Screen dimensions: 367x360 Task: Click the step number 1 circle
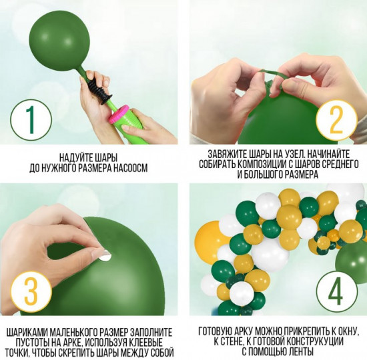[x=31, y=120]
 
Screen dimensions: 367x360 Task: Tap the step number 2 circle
[x=337, y=120]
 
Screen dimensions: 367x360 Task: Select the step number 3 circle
[x=31, y=292]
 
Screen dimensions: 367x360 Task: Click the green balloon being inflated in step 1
[x=59, y=40]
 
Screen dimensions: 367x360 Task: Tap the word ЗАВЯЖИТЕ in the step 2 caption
[x=226, y=154]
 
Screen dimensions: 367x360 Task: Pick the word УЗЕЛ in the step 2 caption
[x=292, y=154]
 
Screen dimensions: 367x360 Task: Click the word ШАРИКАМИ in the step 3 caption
[x=27, y=333]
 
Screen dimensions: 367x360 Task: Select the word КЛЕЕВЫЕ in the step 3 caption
[x=147, y=343]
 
